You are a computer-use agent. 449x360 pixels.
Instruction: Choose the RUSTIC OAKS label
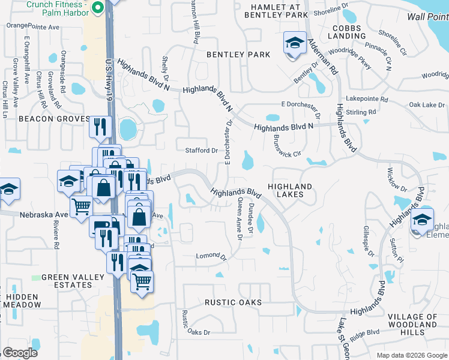tap(233, 302)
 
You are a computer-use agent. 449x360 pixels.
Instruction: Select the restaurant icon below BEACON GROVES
tap(100, 127)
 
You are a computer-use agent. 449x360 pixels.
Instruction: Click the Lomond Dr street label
tap(211, 257)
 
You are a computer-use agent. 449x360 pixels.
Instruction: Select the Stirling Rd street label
tap(363, 112)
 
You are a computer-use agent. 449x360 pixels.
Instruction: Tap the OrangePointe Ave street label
tap(34, 26)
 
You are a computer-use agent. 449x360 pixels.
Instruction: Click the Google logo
tap(20, 353)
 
